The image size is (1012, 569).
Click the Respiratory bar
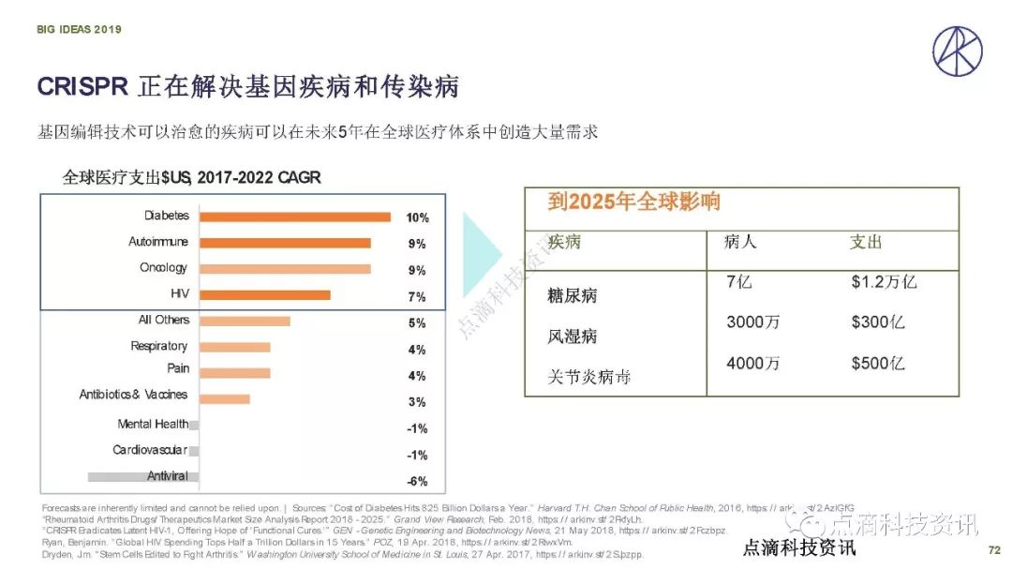coord(235,348)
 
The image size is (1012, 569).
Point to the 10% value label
coord(417,218)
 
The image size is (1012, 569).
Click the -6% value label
coord(417,482)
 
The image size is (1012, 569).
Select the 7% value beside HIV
coord(417,297)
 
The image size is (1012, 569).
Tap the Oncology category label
coord(163,268)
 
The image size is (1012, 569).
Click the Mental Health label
coord(153,425)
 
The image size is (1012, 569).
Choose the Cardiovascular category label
coord(150,451)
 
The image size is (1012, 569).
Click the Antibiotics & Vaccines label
coord(133,396)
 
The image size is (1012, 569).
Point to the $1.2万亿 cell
coord(883,282)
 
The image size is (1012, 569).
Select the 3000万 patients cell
coord(753,322)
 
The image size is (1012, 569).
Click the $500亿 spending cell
coord(878,364)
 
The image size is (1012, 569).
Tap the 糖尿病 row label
coord(573,296)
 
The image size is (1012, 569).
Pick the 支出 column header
coord(866,242)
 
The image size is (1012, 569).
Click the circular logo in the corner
coord(957,52)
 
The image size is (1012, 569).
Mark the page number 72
coord(994,548)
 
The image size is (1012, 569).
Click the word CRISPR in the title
coord(82,87)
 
